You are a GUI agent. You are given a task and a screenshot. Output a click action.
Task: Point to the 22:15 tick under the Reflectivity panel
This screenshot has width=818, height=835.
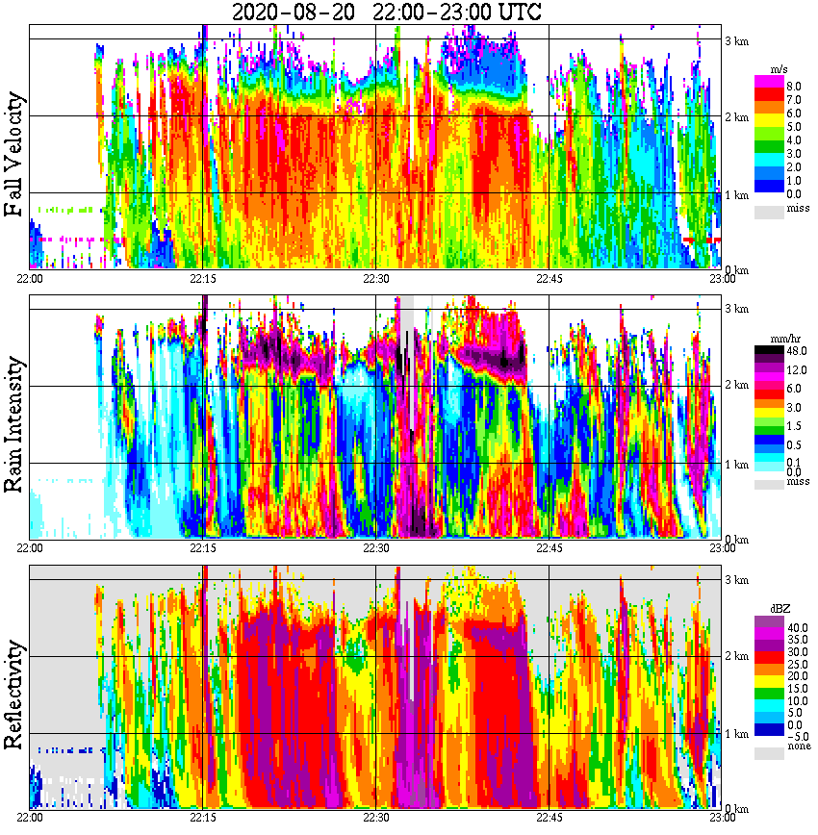point(203,817)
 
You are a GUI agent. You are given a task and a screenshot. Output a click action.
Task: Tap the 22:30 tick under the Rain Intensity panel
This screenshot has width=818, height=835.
point(375,547)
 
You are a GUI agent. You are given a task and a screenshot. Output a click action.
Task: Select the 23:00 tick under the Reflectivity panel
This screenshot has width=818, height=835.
point(722,817)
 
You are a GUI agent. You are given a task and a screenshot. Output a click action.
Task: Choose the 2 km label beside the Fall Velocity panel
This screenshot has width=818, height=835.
point(737,117)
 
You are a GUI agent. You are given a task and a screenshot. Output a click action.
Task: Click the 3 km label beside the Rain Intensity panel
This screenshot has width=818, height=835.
point(737,309)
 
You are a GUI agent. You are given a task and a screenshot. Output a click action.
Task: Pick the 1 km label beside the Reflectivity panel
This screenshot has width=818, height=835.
point(737,733)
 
